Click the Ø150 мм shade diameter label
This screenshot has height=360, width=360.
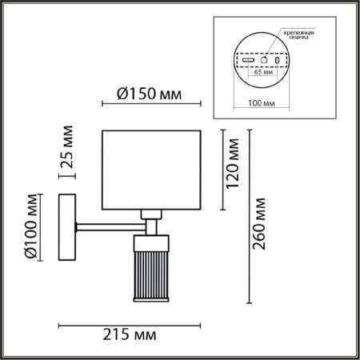coord(150,94)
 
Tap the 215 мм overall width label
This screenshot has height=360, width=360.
coord(130,334)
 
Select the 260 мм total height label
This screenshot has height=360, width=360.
coord(259,224)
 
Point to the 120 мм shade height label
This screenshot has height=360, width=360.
coord(232,163)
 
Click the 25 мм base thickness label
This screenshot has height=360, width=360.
coord(67,146)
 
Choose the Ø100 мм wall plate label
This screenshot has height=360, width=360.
coord(30,226)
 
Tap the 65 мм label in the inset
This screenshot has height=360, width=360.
coord(263,72)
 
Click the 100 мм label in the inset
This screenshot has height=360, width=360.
coord(262,103)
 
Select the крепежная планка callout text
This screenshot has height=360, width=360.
coord(298,35)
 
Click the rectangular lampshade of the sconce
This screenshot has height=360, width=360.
coord(151,170)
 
